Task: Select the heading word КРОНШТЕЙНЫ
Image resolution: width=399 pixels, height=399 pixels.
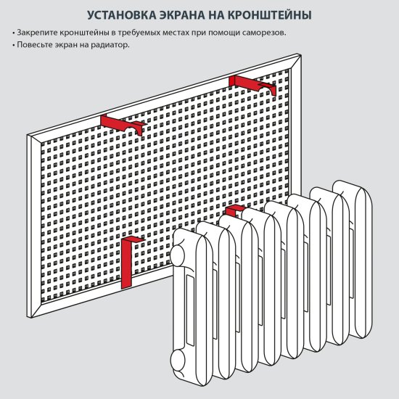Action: pos(272,15)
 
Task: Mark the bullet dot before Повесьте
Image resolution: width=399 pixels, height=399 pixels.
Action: pos(14,45)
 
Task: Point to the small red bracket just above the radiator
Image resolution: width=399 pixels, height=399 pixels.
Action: pos(234,211)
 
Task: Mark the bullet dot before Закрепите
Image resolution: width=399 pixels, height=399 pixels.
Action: pos(14,34)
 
